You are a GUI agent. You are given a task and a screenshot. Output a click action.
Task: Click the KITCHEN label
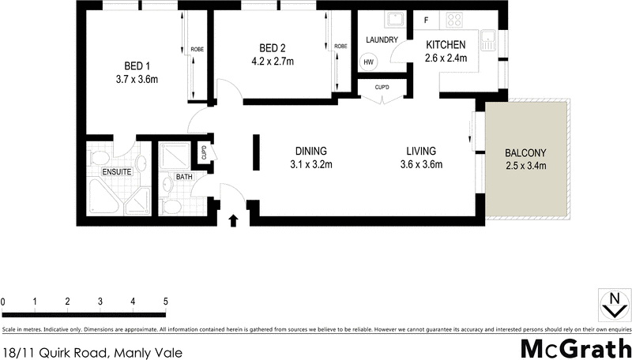(x=446, y=44)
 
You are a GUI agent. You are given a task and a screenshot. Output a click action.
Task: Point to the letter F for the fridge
(x=427, y=19)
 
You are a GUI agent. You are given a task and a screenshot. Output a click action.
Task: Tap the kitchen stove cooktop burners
(x=456, y=19)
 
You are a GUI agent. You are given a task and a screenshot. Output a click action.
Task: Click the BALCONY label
(x=526, y=152)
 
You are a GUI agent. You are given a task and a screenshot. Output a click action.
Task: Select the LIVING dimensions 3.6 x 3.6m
(x=421, y=165)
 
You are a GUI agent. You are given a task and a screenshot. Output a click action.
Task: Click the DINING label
(x=311, y=152)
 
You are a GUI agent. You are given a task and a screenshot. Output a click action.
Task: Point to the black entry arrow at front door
(x=234, y=219)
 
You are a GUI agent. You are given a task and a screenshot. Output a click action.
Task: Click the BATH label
(x=184, y=177)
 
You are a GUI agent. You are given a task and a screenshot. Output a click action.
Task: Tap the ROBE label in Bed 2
(x=340, y=47)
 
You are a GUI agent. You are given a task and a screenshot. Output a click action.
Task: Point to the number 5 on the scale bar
(x=166, y=302)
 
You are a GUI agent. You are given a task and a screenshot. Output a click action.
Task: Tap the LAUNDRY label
(x=382, y=39)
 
